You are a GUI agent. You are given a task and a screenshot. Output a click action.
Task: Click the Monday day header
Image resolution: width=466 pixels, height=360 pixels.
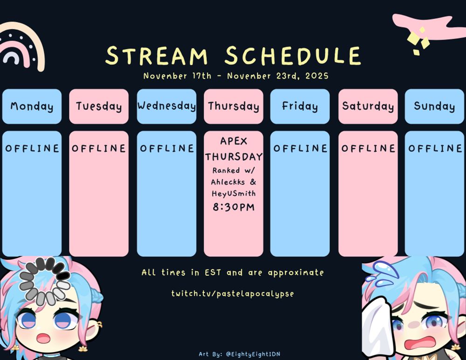(x=32, y=106)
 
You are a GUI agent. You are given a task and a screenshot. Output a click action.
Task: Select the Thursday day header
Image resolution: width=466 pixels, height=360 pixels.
(x=233, y=106)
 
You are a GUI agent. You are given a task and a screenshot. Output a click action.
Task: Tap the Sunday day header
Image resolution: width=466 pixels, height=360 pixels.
(x=434, y=106)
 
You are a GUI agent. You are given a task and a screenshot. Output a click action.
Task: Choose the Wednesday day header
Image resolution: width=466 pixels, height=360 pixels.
(x=166, y=106)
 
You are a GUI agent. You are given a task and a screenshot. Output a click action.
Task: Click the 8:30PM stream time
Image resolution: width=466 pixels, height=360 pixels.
(x=233, y=207)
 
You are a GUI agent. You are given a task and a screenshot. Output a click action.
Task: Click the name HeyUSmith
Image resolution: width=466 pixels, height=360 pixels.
(x=233, y=194)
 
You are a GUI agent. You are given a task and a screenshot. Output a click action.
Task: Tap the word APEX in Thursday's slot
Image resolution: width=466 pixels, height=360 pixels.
(x=233, y=141)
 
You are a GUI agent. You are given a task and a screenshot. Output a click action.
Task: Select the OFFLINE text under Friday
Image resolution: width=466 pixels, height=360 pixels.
(x=300, y=148)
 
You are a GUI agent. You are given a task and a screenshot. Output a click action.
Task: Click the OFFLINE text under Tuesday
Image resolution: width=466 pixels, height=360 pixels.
(x=99, y=148)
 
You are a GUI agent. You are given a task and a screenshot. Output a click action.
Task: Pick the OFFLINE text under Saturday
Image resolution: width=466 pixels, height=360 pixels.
(x=368, y=148)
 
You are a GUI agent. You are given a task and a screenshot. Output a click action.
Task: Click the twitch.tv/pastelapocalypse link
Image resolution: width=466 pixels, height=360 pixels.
(x=233, y=294)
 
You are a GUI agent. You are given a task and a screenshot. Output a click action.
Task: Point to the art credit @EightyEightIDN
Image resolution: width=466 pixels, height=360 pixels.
(x=253, y=354)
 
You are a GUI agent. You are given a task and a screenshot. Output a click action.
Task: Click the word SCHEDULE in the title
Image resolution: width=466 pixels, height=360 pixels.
(x=293, y=55)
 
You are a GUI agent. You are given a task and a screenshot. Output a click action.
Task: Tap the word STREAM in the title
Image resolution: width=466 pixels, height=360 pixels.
(x=156, y=55)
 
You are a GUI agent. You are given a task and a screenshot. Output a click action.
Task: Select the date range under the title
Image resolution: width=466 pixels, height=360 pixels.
(x=236, y=76)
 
